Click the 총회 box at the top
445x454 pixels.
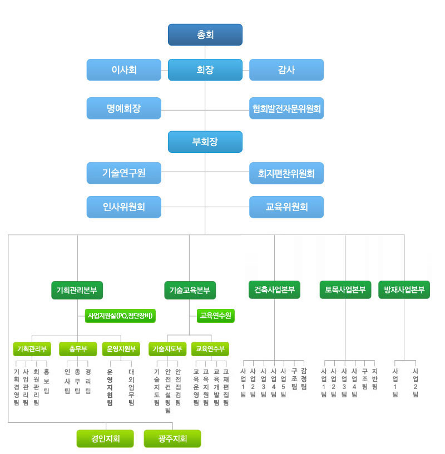[x=205, y=35]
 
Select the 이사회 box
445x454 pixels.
[x=124, y=70]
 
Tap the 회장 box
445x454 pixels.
[x=205, y=70]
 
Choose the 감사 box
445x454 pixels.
[x=286, y=70]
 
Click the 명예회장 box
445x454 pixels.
[x=124, y=108]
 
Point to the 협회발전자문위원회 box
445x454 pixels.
[x=286, y=108]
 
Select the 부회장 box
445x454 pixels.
[x=205, y=142]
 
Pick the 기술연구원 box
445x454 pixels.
[x=124, y=173]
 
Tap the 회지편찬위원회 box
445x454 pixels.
[x=286, y=173]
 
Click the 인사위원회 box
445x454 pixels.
[x=124, y=207]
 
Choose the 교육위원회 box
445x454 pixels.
[x=286, y=207]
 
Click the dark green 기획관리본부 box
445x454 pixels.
[x=77, y=290]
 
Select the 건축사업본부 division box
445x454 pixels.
[x=274, y=290]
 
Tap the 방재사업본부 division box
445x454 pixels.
[x=404, y=290]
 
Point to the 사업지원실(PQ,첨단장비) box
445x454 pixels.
[x=120, y=316]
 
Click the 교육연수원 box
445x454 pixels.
[x=216, y=316]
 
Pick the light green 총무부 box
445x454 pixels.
[x=78, y=349]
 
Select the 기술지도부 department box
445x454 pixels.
[x=167, y=349]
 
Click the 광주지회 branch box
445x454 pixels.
[x=172, y=438]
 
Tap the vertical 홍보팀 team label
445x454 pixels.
[x=46, y=381]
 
